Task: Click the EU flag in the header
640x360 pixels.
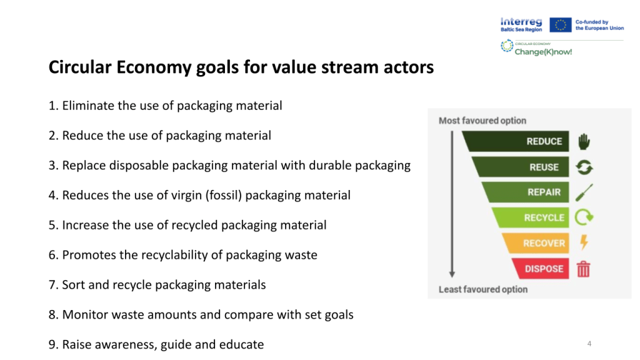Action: point(561,25)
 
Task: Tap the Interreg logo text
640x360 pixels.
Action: point(521,24)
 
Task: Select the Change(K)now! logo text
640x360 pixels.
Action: point(543,52)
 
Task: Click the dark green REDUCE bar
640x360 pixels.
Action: point(516,141)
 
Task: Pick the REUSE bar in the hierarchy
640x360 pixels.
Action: point(521,167)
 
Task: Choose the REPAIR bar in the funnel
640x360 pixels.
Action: point(526,192)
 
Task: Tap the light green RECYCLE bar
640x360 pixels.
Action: point(531,217)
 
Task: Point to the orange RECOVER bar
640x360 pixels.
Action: point(536,243)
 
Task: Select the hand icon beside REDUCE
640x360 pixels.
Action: point(584,142)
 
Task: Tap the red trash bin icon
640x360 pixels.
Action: point(583,269)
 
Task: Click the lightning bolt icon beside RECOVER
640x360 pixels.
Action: point(584,242)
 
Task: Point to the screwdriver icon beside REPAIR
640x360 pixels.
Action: point(584,192)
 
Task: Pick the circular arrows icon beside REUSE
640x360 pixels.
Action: point(584,167)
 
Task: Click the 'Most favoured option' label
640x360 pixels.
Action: point(482,121)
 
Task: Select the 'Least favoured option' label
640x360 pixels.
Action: point(483,289)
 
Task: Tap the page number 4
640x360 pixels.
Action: point(589,344)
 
